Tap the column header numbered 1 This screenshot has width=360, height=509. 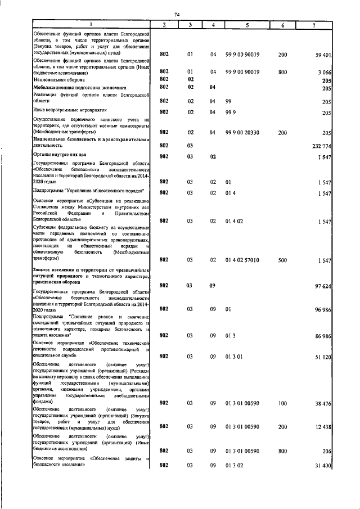91,25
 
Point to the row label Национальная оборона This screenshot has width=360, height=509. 60,80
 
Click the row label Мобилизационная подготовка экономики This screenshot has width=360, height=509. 79,88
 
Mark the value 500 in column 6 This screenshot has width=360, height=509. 282,260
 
